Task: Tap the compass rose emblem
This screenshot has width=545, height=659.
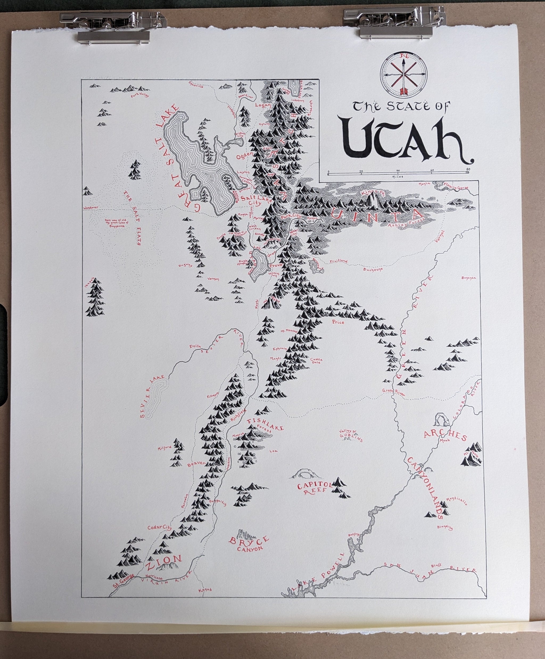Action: (403, 74)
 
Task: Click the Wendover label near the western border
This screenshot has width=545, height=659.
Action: (91, 208)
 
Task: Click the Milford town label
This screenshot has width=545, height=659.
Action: (165, 449)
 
